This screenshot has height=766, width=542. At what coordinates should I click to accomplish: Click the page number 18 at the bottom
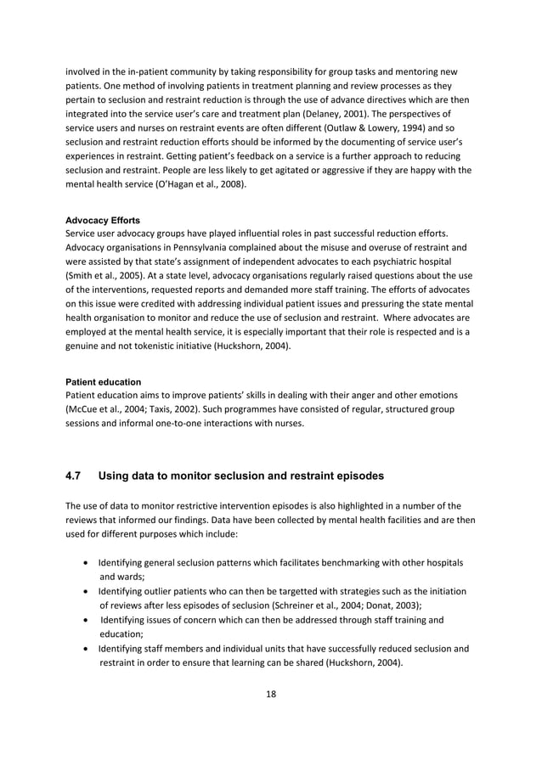(x=270, y=694)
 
